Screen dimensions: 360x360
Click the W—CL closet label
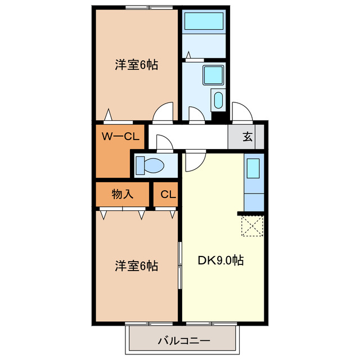tap(120, 136)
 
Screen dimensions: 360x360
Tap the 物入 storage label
tap(123, 195)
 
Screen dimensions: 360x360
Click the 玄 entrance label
tap(247, 136)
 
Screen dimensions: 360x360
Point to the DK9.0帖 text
tap(220, 261)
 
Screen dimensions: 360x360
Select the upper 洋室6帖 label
tap(136, 65)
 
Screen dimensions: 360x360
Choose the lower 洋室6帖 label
tap(136, 265)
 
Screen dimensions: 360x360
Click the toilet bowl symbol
tap(151, 165)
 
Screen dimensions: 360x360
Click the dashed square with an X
tap(252, 226)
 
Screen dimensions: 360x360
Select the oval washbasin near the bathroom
tap(218, 100)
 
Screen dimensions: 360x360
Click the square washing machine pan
tap(214, 74)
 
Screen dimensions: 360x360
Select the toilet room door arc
tap(165, 143)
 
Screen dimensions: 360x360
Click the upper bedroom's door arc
tap(164, 111)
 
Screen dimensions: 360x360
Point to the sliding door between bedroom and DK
tap(180, 264)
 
